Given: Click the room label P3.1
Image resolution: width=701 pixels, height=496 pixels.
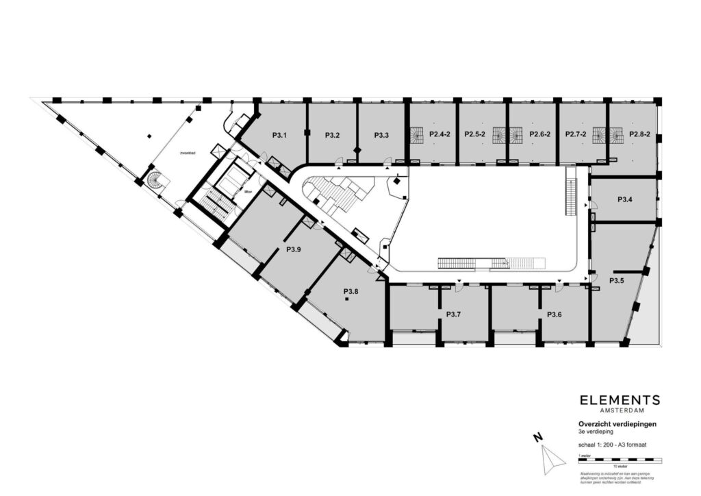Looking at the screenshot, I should click(279, 135).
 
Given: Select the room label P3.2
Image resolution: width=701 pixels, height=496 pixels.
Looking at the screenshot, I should click(332, 135).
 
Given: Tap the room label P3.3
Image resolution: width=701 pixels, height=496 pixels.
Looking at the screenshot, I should click(381, 135).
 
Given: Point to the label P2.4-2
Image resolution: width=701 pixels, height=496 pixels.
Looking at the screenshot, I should click(439, 135).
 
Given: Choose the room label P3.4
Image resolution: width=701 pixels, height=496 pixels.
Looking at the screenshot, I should click(624, 199).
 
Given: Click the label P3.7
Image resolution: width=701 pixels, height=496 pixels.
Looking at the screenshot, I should click(453, 314).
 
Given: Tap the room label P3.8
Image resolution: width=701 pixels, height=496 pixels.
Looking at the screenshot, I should click(350, 292).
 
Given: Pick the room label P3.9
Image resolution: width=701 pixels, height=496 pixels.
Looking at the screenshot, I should click(294, 249).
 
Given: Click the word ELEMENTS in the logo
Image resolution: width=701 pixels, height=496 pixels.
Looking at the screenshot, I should click(620, 400).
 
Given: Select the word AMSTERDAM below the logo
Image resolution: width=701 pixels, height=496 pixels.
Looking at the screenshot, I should click(620, 411).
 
